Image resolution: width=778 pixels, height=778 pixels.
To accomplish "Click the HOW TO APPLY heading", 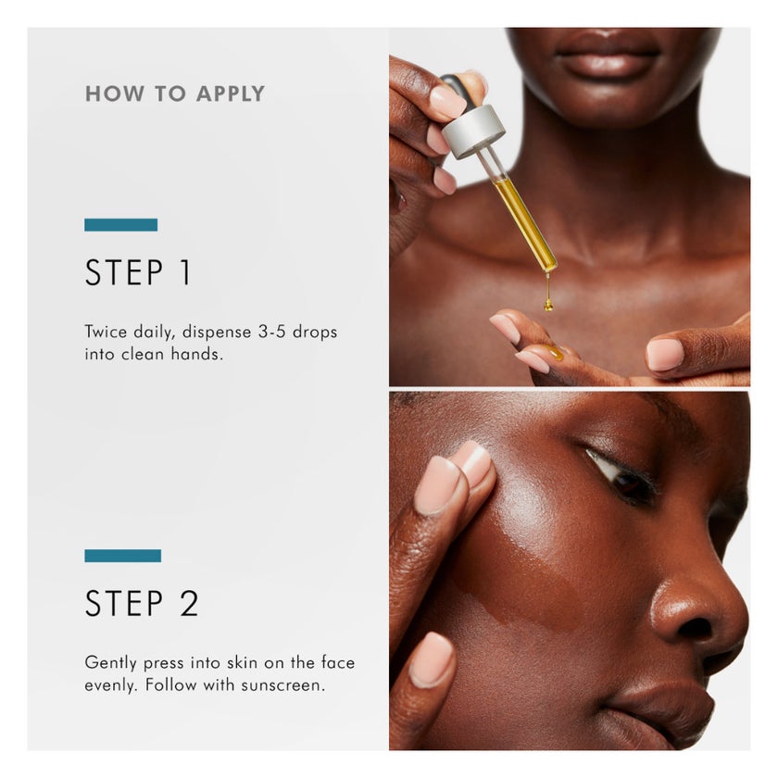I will tap(174, 94).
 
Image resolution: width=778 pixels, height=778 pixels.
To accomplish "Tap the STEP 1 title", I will tap(138, 273).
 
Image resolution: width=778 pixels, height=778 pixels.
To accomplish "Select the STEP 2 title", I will tap(142, 603).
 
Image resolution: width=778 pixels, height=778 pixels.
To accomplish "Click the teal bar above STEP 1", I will tap(120, 224).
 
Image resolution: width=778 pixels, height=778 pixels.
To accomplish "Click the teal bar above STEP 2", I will tap(122, 556).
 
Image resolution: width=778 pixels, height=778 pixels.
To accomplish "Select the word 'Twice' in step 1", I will tap(106, 332).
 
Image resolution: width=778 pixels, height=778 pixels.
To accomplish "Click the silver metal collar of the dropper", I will tap(472, 131).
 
